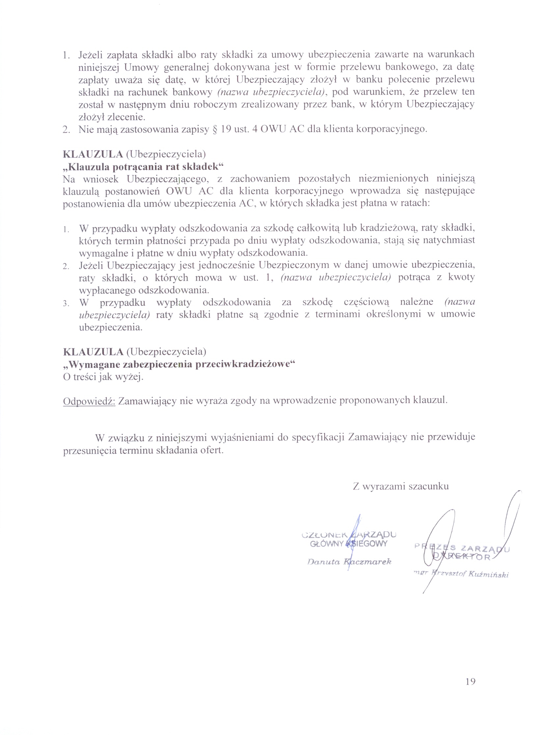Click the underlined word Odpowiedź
tap(89, 401)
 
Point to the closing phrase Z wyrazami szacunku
tap(401, 486)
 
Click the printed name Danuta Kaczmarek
tap(349, 562)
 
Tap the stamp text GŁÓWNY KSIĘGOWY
tap(348, 544)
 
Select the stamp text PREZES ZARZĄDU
tap(462, 548)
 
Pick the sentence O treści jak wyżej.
tap(103, 377)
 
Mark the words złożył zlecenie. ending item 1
tap(112, 117)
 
